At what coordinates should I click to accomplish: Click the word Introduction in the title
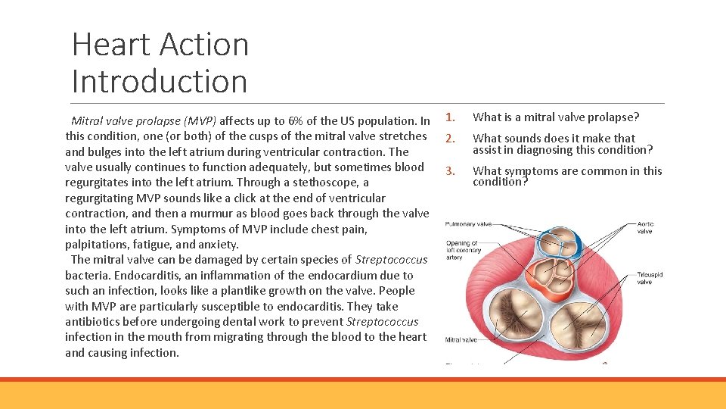point(160,81)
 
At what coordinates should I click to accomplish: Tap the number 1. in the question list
point(449,117)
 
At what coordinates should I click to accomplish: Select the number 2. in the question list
point(449,139)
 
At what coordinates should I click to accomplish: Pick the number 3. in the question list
point(449,171)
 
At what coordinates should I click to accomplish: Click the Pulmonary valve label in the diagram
point(468,224)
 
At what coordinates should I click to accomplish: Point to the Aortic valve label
point(645,227)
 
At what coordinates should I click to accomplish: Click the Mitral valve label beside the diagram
point(463,340)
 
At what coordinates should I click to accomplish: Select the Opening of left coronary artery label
point(463,249)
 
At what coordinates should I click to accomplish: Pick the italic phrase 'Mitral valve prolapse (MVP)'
point(144,121)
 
